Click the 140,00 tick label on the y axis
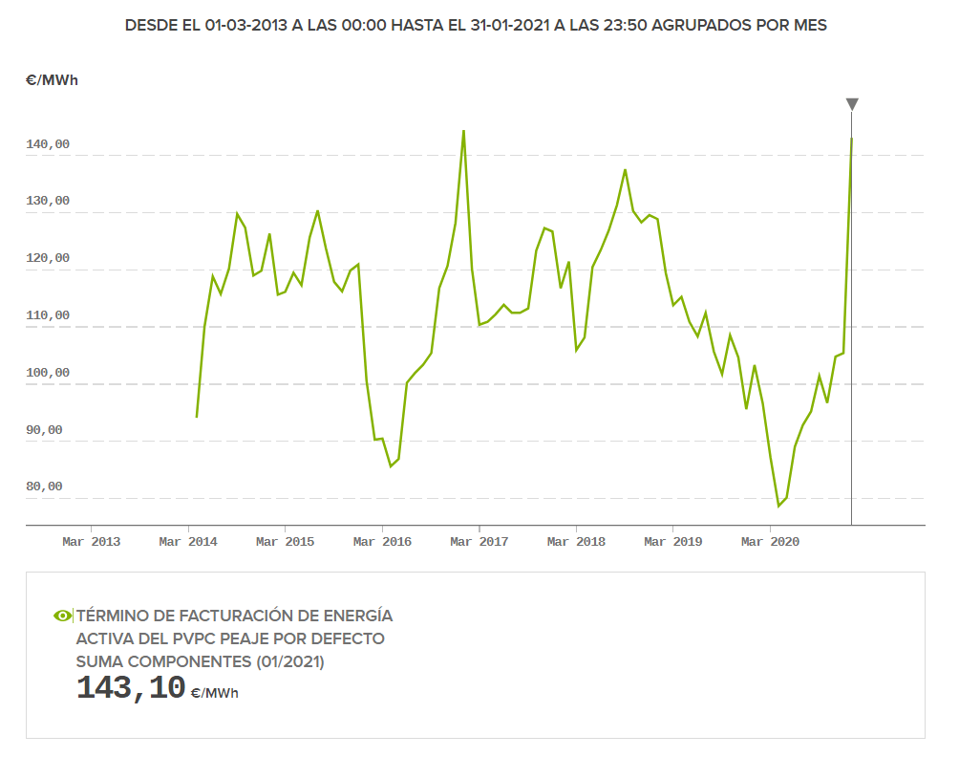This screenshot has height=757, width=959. click(x=48, y=144)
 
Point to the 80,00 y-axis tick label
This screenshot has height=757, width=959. click(x=44, y=487)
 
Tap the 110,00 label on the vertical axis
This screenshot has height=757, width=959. click(x=48, y=315)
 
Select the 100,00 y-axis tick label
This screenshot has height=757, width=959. click(x=48, y=373)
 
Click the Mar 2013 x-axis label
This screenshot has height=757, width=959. click(x=91, y=542)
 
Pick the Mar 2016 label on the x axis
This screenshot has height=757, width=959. click(x=382, y=542)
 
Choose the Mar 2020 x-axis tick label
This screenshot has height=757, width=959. click(x=770, y=542)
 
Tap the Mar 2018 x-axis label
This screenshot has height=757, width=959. click(x=576, y=542)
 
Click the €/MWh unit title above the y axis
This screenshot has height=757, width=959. click(x=53, y=80)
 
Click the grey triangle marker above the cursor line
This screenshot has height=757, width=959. click(x=852, y=104)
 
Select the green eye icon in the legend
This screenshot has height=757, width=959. click(x=62, y=616)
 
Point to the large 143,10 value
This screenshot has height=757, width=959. click(x=131, y=688)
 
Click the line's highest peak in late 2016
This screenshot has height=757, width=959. click(x=463, y=132)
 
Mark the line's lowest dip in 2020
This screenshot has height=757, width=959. click(x=778, y=506)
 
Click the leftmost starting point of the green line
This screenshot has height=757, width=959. click(x=197, y=417)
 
